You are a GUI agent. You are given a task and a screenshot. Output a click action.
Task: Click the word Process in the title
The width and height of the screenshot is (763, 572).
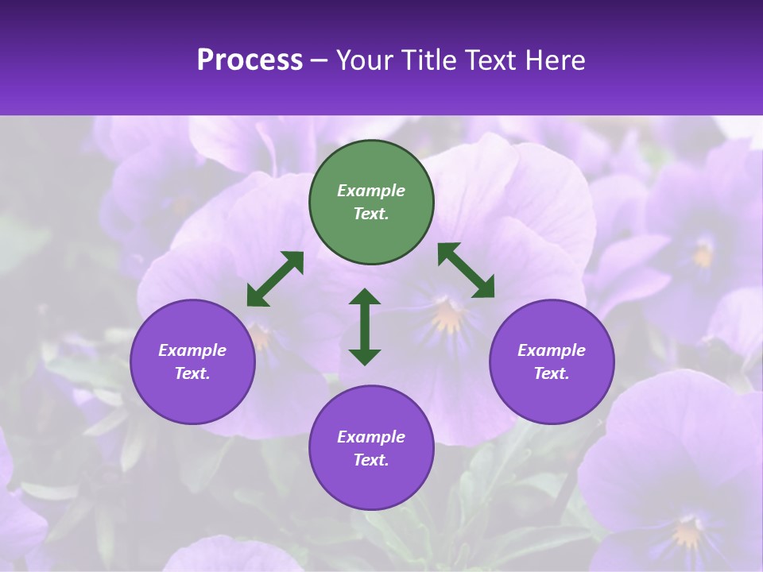click(x=250, y=60)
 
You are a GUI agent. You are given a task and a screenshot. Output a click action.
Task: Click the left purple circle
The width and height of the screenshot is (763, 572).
click(x=192, y=361)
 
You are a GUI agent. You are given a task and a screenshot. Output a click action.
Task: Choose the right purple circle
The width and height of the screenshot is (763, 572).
click(x=552, y=361)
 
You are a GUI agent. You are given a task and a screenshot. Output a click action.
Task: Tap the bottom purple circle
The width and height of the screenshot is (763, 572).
click(x=371, y=447)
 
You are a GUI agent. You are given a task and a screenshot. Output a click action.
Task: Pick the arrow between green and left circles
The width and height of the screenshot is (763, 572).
click(x=275, y=279)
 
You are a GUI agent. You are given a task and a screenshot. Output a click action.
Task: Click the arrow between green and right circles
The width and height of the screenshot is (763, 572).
click(x=467, y=270)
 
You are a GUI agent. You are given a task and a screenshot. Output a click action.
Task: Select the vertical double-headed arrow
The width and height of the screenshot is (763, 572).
click(x=365, y=327)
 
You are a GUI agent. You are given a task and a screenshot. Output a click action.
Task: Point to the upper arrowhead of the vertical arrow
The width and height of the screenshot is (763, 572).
click(x=365, y=296)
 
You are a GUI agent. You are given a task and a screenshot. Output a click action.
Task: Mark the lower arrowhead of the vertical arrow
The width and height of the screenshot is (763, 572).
click(x=365, y=357)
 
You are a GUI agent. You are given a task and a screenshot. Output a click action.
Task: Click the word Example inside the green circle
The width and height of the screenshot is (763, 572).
click(x=371, y=191)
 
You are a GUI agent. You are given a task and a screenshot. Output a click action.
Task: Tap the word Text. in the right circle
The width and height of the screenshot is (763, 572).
click(x=552, y=373)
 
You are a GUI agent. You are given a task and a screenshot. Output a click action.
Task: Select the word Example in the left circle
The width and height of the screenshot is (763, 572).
click(x=192, y=350)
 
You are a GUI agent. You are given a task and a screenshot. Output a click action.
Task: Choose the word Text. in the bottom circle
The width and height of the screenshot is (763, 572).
click(x=371, y=460)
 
